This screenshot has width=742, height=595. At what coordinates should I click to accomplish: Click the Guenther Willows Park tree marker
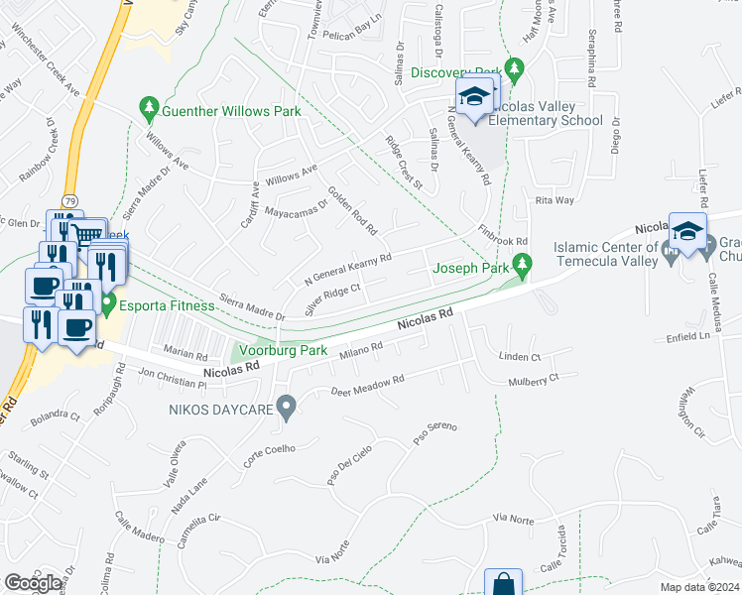click(149, 105)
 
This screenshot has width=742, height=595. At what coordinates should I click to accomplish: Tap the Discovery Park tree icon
click(513, 68)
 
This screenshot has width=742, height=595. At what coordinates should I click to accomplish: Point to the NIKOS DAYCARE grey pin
click(287, 407)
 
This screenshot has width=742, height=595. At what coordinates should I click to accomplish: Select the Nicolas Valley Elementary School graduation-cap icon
click(475, 97)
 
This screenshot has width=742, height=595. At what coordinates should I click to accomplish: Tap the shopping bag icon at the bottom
click(503, 584)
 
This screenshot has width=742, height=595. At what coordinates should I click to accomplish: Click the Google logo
click(33, 583)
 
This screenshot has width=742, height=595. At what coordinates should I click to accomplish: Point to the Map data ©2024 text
click(699, 587)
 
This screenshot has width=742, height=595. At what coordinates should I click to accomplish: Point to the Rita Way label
click(555, 200)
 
